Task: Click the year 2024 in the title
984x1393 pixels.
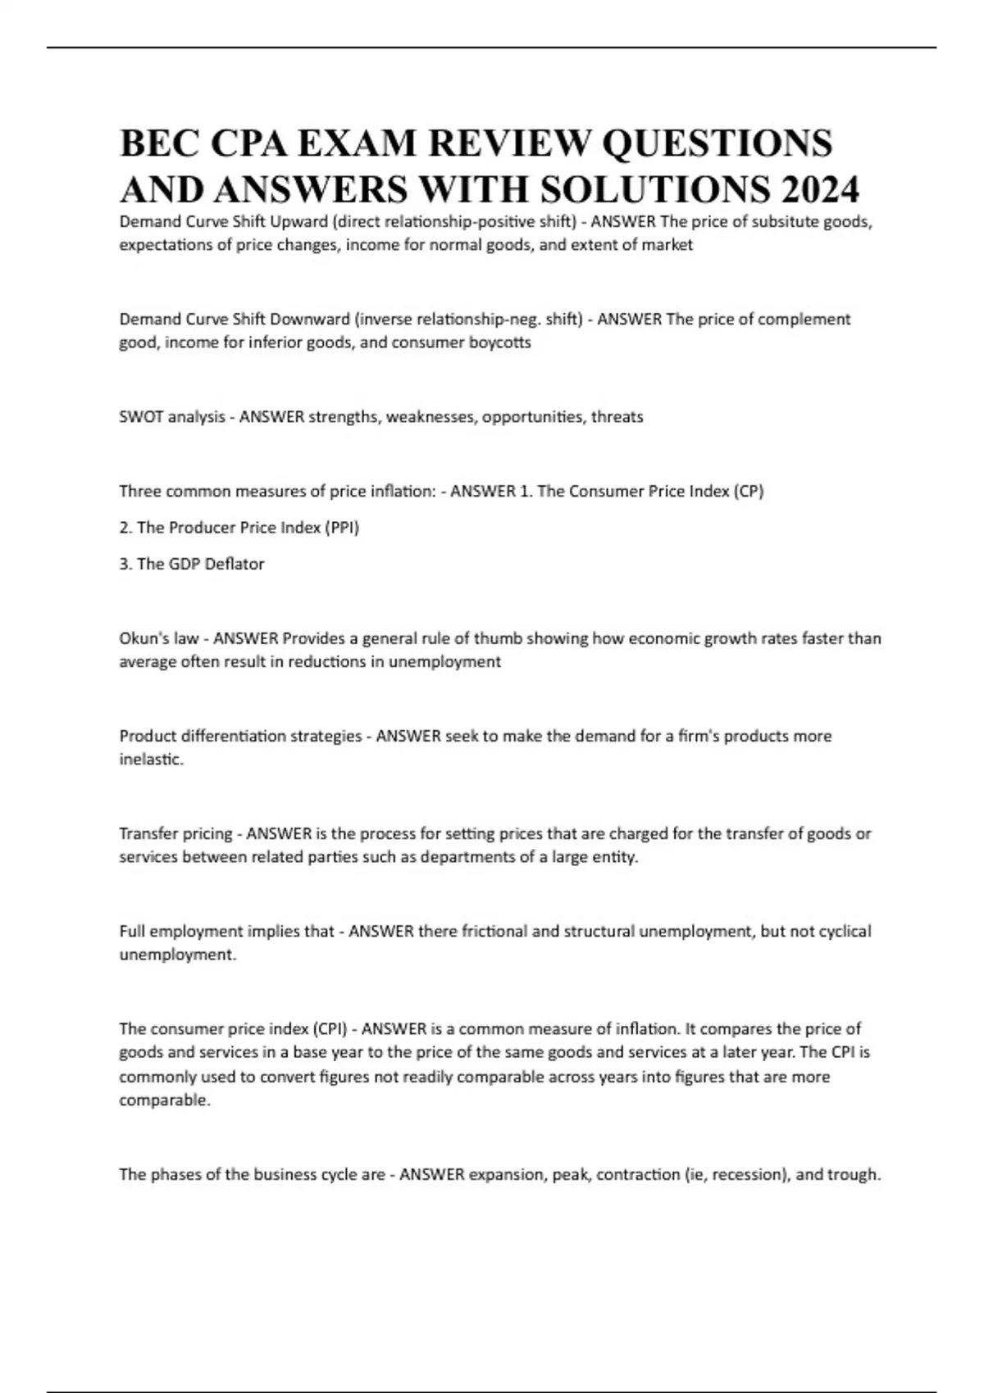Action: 820,190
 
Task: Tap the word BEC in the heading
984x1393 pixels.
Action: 159,144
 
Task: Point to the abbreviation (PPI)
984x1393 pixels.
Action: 342,528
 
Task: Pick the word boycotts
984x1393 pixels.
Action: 499,343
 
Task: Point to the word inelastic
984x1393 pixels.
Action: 151,760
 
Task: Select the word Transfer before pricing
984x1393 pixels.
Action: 148,834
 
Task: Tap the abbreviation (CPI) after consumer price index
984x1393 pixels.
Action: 334,1029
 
